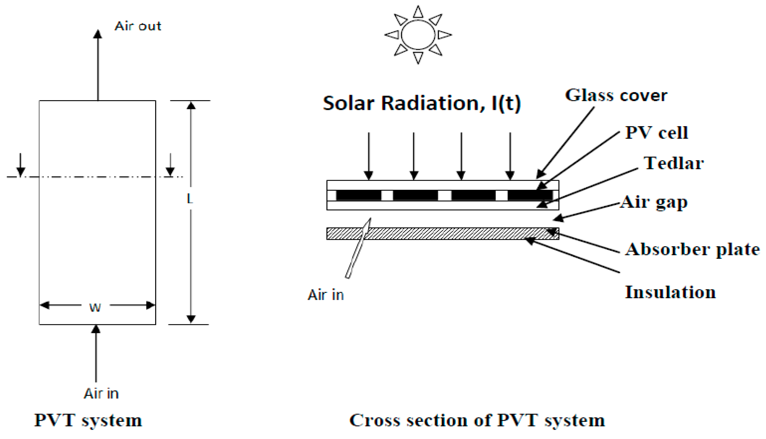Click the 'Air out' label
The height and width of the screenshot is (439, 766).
138,26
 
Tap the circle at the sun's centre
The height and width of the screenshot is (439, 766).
418,35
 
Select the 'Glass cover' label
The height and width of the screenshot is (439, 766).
616,95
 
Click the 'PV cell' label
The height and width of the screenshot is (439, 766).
656,133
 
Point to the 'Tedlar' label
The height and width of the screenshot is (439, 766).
673,164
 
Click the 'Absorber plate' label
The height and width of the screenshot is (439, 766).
692,250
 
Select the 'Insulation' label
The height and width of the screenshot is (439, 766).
670,292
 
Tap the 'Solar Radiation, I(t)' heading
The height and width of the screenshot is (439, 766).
422,103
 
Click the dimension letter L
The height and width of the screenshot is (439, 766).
190,199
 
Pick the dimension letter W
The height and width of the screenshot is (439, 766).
95,308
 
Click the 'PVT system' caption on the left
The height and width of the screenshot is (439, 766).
88,420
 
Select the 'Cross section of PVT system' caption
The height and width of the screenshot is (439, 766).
477,420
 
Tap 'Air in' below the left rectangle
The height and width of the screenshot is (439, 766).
101,393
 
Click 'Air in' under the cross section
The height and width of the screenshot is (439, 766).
326,295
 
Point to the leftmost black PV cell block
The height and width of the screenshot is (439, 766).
359,195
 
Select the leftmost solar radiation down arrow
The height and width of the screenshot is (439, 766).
369,155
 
